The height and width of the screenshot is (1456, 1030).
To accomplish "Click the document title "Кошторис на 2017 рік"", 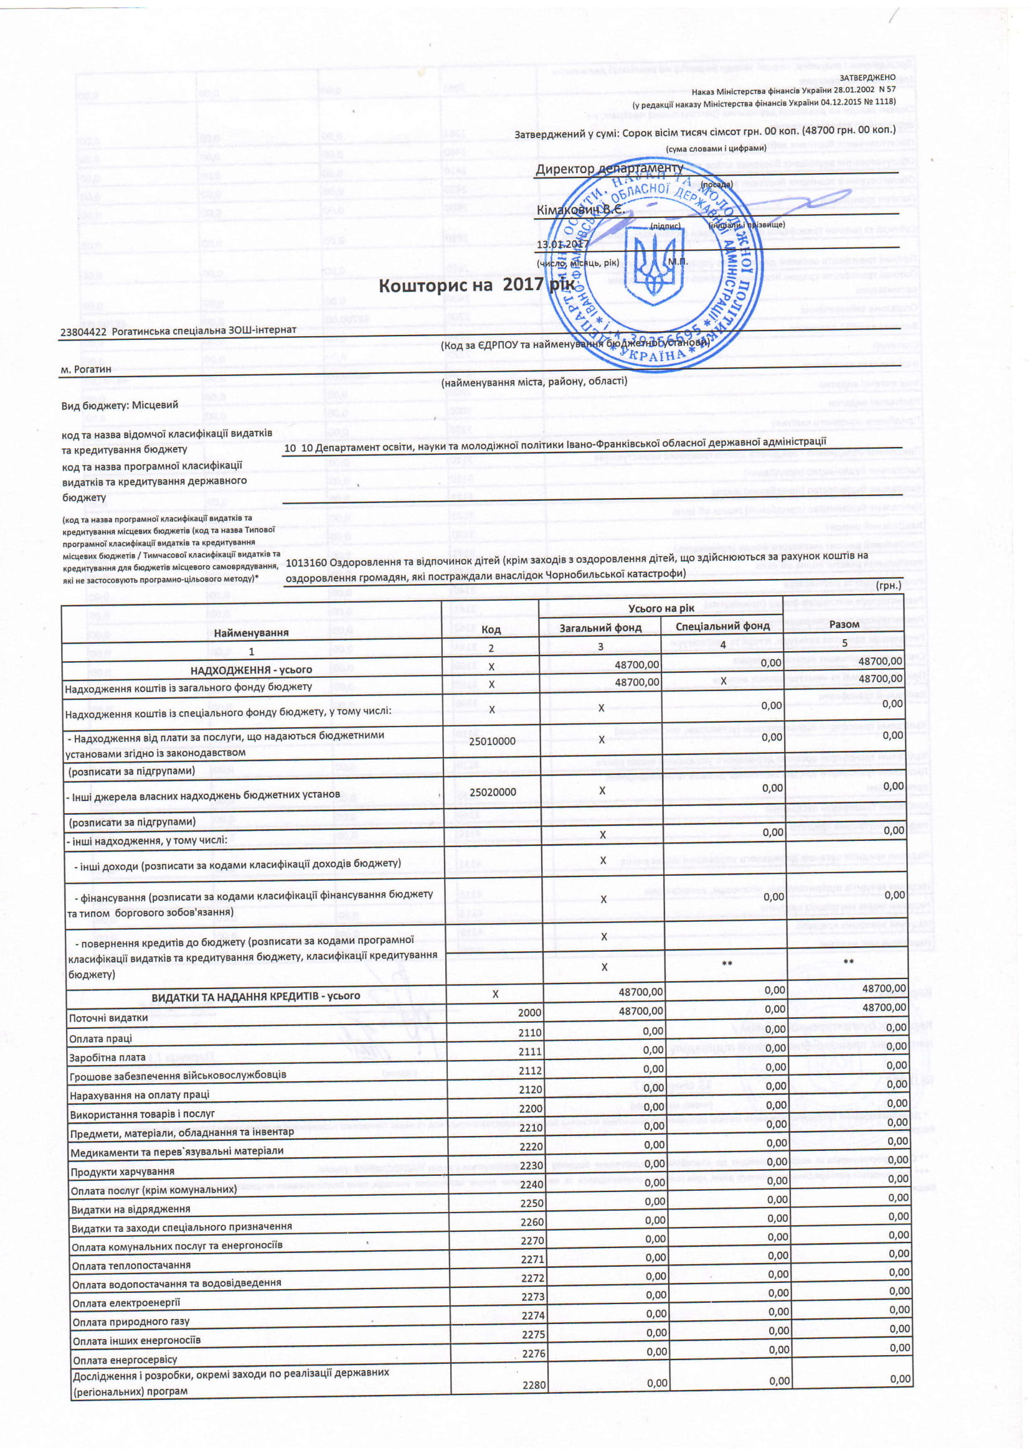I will (476, 285).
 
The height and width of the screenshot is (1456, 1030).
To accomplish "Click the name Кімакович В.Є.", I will (580, 209).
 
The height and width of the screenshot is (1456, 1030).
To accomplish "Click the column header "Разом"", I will (844, 624).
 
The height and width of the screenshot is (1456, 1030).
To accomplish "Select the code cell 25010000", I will (492, 741).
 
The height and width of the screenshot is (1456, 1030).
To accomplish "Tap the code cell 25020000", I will (493, 792).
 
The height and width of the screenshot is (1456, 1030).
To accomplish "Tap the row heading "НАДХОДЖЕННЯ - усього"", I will (251, 670).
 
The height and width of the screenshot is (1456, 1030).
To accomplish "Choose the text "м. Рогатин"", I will (85, 369).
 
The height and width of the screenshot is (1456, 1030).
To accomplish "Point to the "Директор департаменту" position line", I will (609, 169).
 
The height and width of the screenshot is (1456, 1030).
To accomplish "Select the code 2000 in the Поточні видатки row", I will (529, 1013).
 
